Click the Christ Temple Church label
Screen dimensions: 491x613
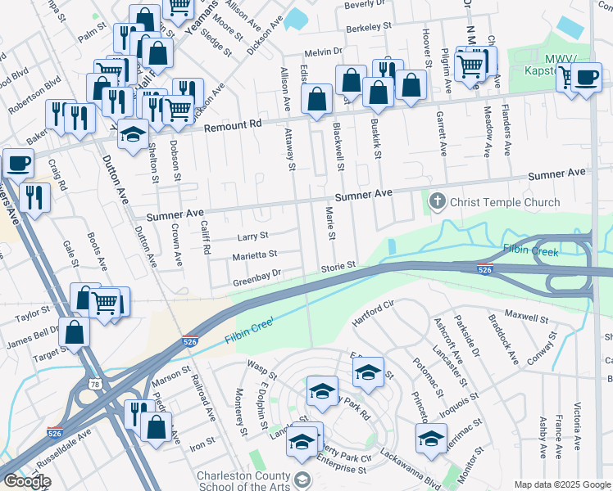(x=505, y=202)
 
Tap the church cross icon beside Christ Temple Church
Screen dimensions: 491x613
(x=437, y=201)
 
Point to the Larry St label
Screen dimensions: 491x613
(x=252, y=236)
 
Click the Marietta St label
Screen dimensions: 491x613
(x=254, y=255)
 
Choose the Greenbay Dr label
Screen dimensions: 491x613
(x=257, y=274)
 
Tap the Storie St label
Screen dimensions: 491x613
(x=337, y=266)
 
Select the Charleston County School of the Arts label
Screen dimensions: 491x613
(x=243, y=481)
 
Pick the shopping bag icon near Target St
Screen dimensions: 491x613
(x=74, y=332)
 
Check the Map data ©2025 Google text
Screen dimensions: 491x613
(x=561, y=484)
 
